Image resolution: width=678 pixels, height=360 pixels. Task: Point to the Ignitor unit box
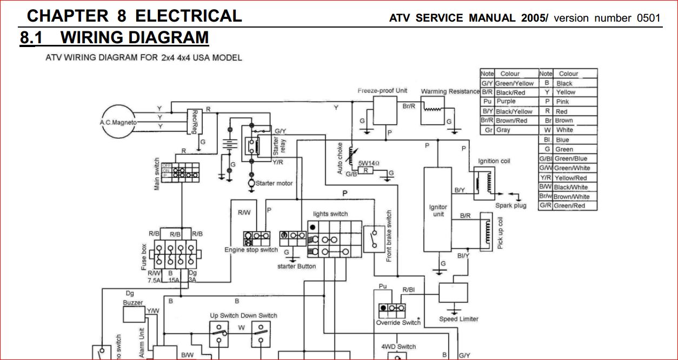[x=438, y=210]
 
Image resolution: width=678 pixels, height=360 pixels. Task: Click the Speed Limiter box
[x=453, y=292]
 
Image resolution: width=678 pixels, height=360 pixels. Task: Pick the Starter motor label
[x=274, y=183]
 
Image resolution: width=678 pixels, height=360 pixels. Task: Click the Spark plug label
[x=511, y=205]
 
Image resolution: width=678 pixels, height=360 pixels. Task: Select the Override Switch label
[x=398, y=323]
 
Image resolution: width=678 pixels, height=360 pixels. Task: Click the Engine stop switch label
[x=251, y=250]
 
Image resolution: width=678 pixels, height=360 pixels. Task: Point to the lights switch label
[x=330, y=214]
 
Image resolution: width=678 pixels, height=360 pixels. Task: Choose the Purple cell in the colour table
[x=507, y=102]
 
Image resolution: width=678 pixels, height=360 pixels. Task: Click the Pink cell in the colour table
[x=562, y=102]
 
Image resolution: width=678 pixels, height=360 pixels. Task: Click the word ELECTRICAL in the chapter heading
[x=188, y=16]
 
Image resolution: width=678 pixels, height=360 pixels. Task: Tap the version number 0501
[x=648, y=18]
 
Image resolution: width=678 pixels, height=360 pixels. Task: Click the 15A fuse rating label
[x=174, y=281]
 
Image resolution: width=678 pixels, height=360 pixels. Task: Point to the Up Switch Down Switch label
[x=243, y=315]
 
